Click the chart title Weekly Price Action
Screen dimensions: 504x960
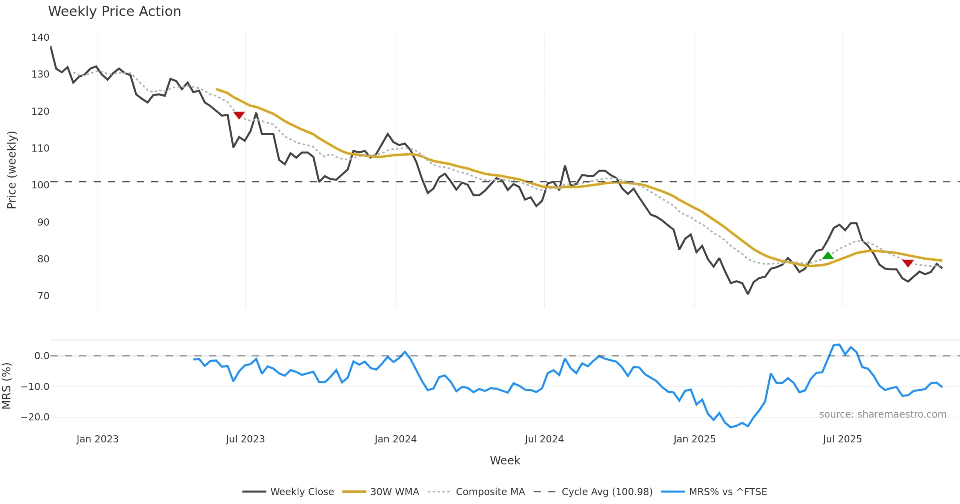click(x=114, y=12)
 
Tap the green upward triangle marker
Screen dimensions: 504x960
click(x=828, y=256)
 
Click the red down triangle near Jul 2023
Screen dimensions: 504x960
click(x=239, y=115)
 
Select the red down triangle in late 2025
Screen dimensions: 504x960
click(x=908, y=263)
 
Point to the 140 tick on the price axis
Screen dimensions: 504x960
click(x=40, y=38)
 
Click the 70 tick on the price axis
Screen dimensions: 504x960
click(x=43, y=296)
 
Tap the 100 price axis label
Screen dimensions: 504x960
click(x=40, y=185)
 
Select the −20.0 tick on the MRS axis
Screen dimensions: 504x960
click(x=35, y=417)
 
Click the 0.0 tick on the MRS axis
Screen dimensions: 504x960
click(x=42, y=356)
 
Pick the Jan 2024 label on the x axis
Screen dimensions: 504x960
click(x=396, y=439)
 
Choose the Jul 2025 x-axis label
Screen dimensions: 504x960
click(x=842, y=439)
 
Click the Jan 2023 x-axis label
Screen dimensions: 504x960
click(x=98, y=439)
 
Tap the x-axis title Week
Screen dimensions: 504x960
click(x=505, y=461)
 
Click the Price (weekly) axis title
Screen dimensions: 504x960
click(x=12, y=170)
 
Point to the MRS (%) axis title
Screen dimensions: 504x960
click(x=6, y=386)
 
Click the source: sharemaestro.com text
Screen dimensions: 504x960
click(x=882, y=414)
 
